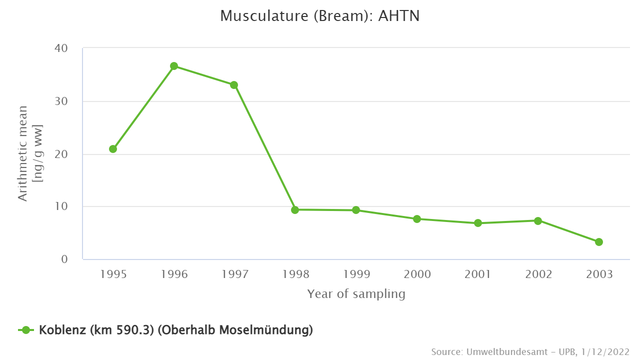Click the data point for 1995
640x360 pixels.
pyautogui.click(x=113, y=149)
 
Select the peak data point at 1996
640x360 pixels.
pyautogui.click(x=174, y=66)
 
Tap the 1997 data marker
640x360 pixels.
pyautogui.click(x=234, y=85)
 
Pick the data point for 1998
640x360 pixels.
pyautogui.click(x=295, y=210)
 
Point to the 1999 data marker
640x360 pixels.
pyautogui.click(x=356, y=210)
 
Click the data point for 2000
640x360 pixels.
pyautogui.click(x=416, y=219)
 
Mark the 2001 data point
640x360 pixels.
pyautogui.click(x=478, y=223)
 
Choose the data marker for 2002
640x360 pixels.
pyautogui.click(x=538, y=220)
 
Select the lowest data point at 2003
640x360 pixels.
pyautogui.click(x=599, y=242)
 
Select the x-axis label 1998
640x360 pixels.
pyautogui.click(x=295, y=274)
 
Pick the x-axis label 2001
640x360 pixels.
pyautogui.click(x=477, y=274)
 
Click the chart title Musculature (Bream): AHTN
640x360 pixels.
pyautogui.click(x=320, y=16)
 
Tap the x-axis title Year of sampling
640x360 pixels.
pyautogui.click(x=356, y=294)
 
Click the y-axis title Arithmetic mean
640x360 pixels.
pyautogui.click(x=23, y=153)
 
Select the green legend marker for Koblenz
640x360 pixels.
pyautogui.click(x=26, y=330)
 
